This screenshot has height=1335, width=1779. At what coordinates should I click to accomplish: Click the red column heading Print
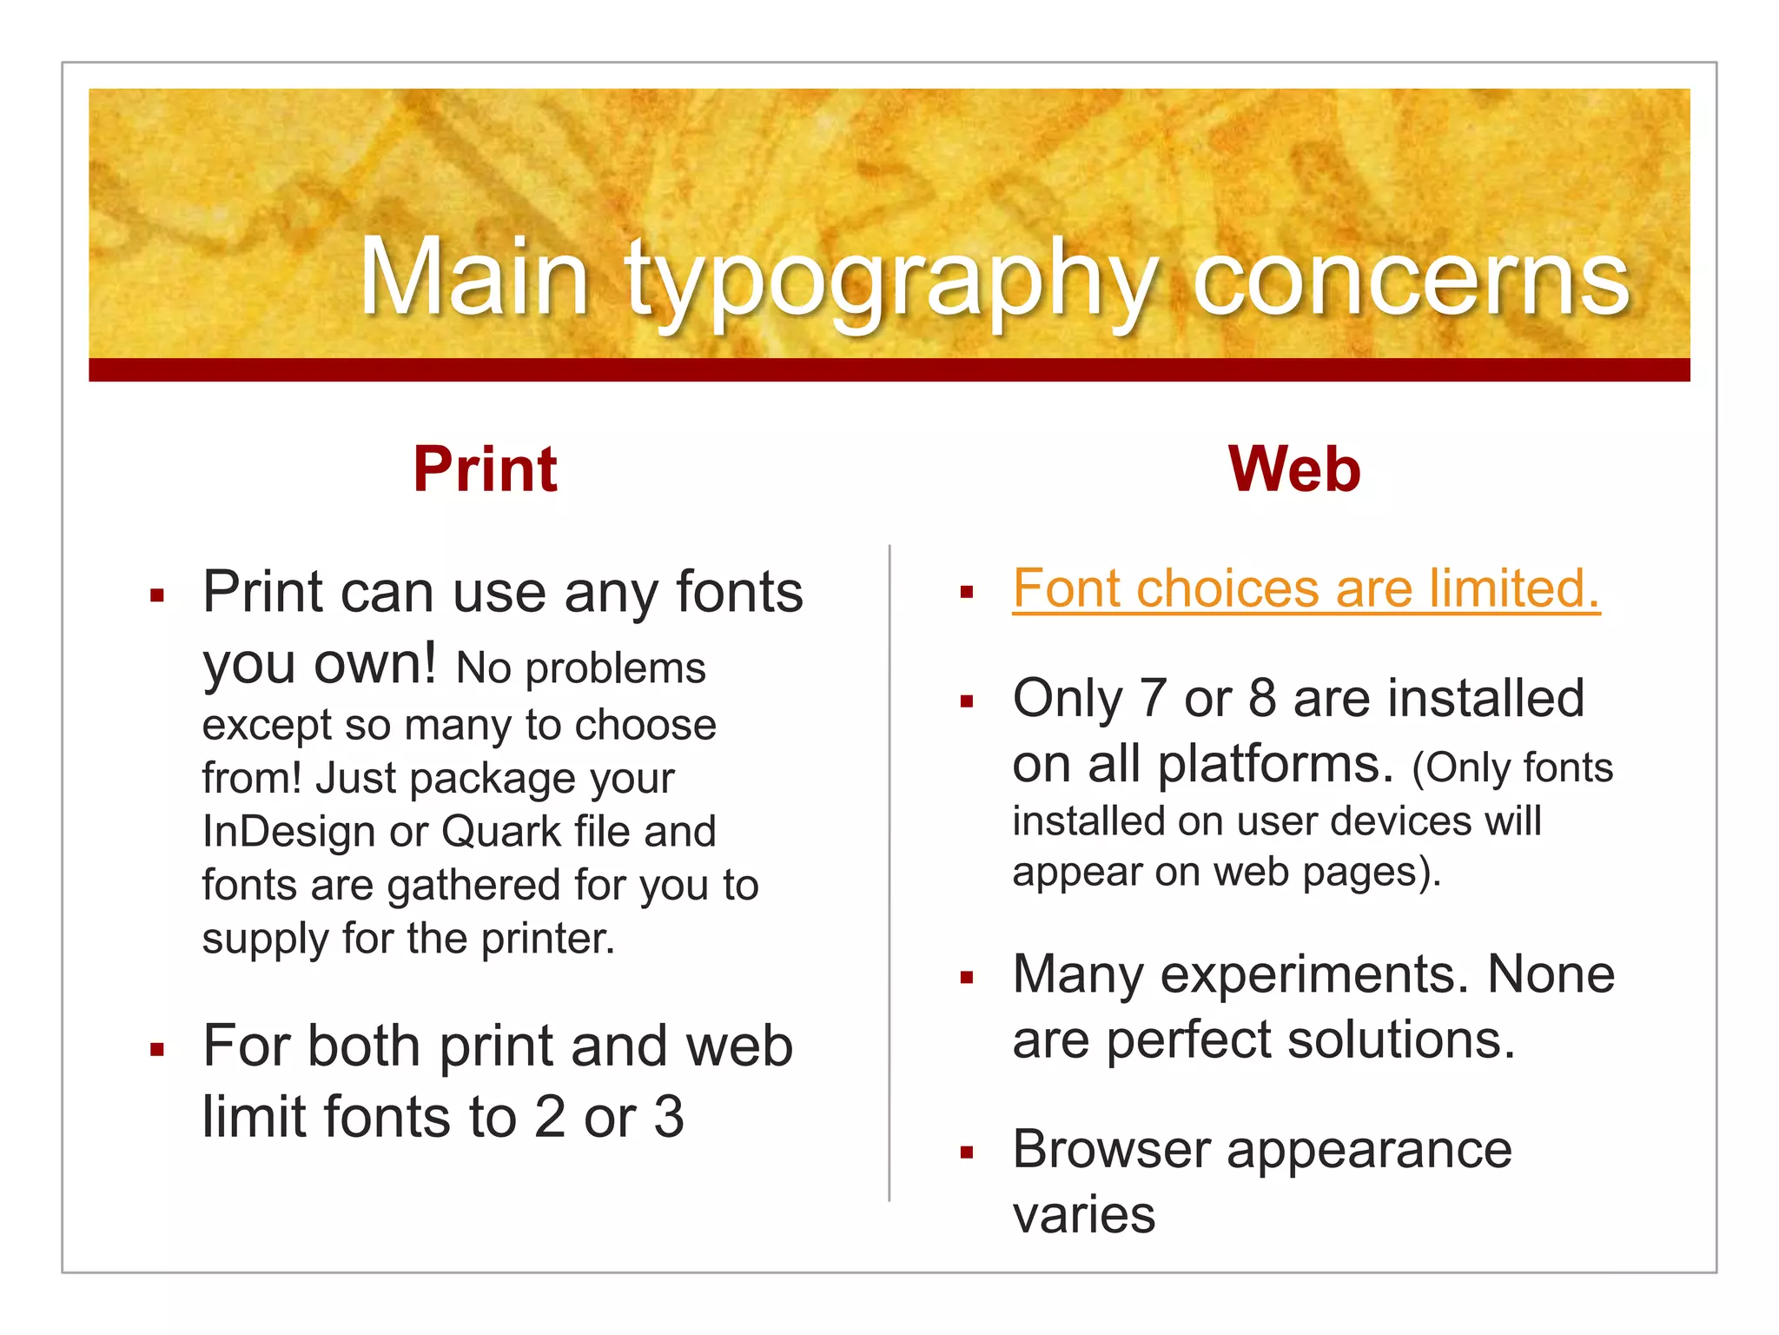[x=485, y=469]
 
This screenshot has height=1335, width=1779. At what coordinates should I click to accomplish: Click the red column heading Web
[x=1293, y=469]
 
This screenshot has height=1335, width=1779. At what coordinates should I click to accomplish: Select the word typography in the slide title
[x=891, y=282]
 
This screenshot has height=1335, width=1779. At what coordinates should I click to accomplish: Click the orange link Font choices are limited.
[x=1306, y=589]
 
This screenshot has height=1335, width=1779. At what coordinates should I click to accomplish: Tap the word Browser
[x=1111, y=1150]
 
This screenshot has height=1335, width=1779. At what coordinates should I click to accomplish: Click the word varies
[x=1083, y=1215]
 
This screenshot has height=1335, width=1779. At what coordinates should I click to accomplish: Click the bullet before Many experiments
[x=966, y=978]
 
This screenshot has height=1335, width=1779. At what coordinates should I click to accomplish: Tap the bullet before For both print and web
[x=156, y=1050]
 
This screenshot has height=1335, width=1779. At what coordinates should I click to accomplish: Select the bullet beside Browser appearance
[x=966, y=1153]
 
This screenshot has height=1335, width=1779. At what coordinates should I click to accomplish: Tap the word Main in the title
[x=474, y=280]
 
